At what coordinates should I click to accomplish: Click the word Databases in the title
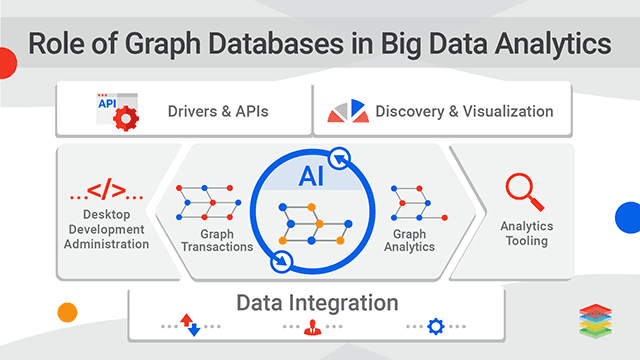331,44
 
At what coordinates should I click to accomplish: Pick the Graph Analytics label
409,240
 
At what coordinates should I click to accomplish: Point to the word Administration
107,243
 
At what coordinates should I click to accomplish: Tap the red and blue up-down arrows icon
190,325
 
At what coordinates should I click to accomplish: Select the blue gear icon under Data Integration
436,326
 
